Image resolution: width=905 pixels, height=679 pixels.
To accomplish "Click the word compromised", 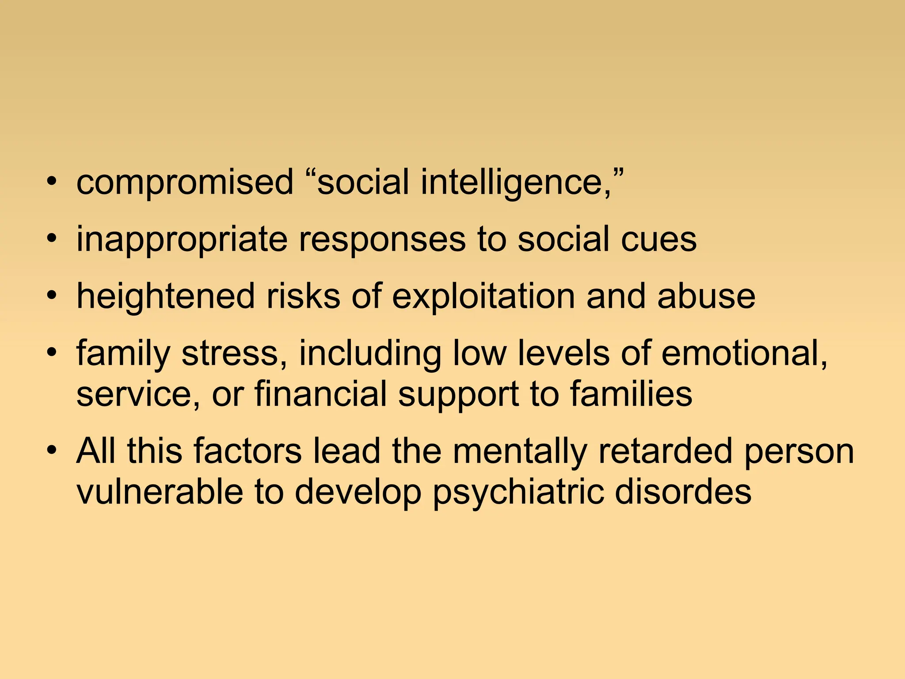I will (185, 182).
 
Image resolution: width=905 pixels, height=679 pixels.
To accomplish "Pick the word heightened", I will (166, 297).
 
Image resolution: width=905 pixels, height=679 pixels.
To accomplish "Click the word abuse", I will (706, 297).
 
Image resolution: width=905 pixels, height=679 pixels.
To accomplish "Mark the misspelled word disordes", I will (683, 492).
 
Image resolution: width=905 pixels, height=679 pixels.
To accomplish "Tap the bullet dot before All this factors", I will (52, 451).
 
